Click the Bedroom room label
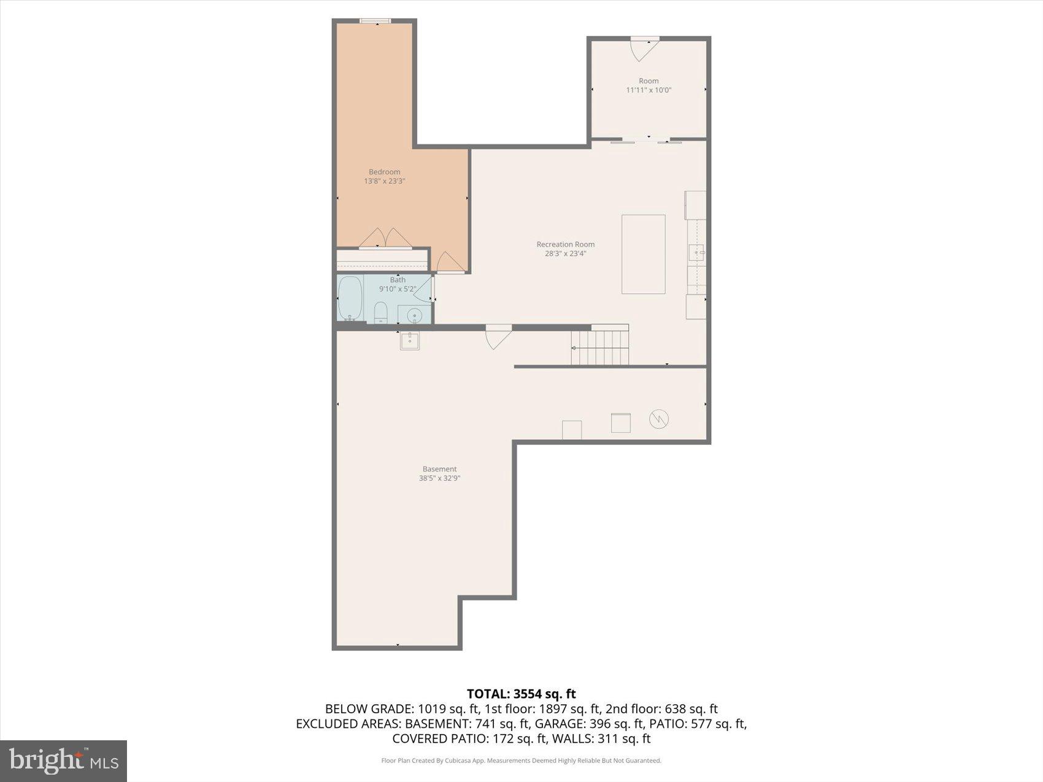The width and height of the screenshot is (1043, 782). tap(384, 172)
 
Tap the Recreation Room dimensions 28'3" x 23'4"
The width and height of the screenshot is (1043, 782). tap(565, 253)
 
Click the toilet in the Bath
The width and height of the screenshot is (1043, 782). tap(381, 313)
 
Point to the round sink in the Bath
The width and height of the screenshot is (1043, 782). tap(414, 316)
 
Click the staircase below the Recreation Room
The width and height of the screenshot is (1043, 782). tap(600, 347)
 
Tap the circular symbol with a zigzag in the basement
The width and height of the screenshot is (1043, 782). tap(658, 419)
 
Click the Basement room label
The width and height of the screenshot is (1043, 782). tap(439, 469)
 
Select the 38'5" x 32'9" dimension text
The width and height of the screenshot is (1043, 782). tap(439, 478)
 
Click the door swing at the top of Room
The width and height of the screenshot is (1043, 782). tap(644, 49)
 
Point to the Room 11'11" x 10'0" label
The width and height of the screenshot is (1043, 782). tap(649, 85)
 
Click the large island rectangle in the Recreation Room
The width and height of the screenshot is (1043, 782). tap(643, 254)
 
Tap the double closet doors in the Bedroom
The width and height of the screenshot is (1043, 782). tap(385, 238)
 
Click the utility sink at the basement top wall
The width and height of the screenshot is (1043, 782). tap(410, 340)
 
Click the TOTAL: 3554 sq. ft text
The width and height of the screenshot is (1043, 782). tap(521, 694)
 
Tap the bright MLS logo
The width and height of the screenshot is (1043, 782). tap(63, 761)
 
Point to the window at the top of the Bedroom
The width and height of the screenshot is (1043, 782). tap(375, 21)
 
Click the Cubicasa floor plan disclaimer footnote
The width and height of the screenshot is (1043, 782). tap(521, 761)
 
